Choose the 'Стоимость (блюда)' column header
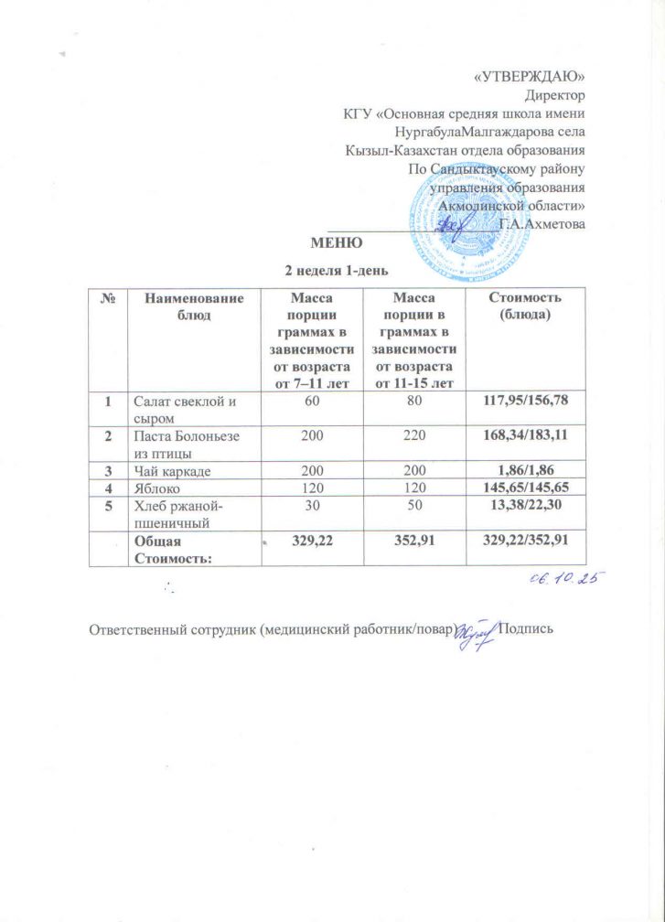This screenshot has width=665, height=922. [524, 305]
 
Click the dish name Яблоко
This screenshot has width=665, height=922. [156, 490]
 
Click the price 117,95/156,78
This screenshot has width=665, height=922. [524, 400]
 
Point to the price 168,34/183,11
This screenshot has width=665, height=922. [524, 437]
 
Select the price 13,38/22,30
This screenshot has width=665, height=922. [524, 508]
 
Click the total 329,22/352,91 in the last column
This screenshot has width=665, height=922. [524, 542]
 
